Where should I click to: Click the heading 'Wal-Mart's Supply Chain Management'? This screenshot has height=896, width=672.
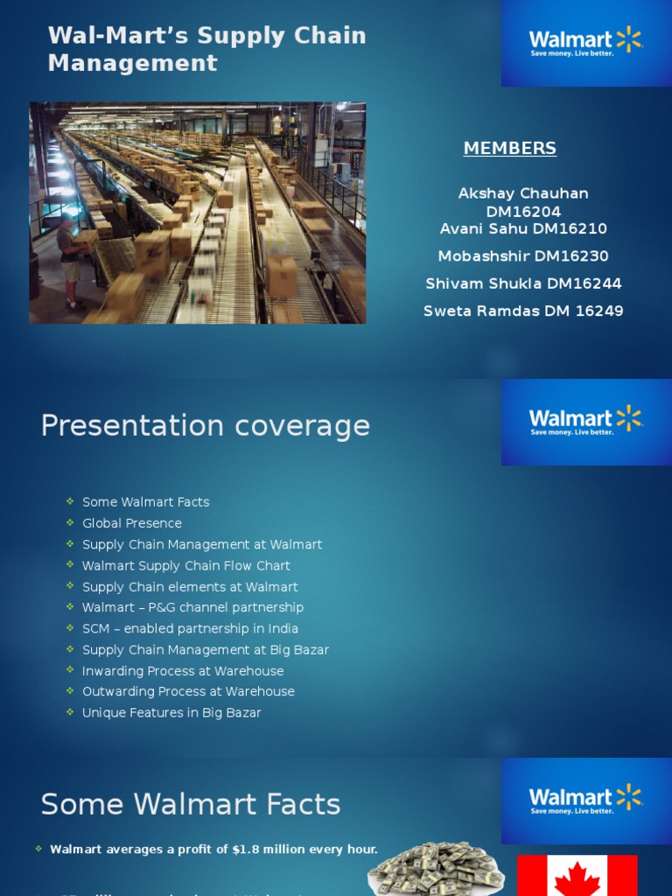click(x=206, y=49)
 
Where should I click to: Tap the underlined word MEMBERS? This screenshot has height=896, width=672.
click(x=509, y=149)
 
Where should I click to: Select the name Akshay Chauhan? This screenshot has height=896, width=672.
click(x=523, y=193)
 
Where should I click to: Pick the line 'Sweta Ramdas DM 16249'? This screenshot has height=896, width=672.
click(x=523, y=311)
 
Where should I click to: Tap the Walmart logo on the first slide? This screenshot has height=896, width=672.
click(x=585, y=41)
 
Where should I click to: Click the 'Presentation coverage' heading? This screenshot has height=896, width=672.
click(x=206, y=426)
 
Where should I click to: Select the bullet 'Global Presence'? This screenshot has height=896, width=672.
click(x=132, y=523)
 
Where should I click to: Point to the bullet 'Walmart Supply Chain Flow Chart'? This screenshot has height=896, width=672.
click(x=185, y=566)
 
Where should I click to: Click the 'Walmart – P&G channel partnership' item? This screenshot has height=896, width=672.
click(x=192, y=607)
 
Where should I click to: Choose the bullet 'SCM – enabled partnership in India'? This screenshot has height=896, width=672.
click(x=190, y=628)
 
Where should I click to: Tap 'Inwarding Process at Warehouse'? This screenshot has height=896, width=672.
click(x=183, y=671)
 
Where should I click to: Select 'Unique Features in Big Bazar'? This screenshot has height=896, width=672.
click(x=171, y=713)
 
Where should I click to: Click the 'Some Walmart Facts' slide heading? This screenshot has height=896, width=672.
click(x=191, y=804)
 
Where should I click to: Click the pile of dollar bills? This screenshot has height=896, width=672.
click(x=435, y=869)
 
